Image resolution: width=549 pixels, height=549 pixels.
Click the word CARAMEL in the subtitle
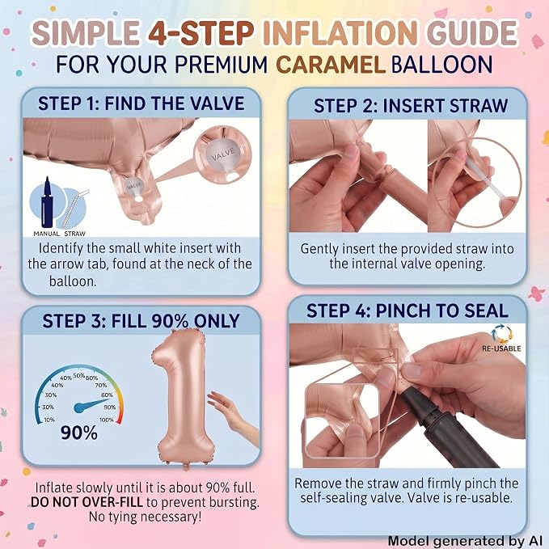click(x=331, y=65)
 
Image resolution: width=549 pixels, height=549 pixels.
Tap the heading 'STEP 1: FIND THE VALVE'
click(x=141, y=103)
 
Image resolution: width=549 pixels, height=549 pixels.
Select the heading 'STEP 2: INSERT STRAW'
click(x=411, y=106)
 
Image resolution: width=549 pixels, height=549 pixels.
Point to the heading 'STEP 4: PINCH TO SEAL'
click(x=408, y=310)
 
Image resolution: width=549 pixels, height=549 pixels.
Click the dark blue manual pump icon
click(x=47, y=202)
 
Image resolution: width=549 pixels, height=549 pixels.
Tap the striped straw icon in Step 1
click(x=74, y=209)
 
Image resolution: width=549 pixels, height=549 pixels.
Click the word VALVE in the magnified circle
click(x=223, y=154)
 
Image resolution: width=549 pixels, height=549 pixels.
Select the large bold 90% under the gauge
click(x=79, y=433)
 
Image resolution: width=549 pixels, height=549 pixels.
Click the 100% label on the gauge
click(x=107, y=420)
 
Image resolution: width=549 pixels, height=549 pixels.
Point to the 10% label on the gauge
click(x=49, y=420)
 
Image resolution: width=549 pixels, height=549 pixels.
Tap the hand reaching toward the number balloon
click(x=232, y=416)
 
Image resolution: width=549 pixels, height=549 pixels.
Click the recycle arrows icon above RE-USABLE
click(x=501, y=335)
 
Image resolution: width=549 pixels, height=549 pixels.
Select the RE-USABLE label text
click(x=501, y=348)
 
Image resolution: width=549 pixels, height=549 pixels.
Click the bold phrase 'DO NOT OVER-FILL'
click(x=87, y=502)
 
